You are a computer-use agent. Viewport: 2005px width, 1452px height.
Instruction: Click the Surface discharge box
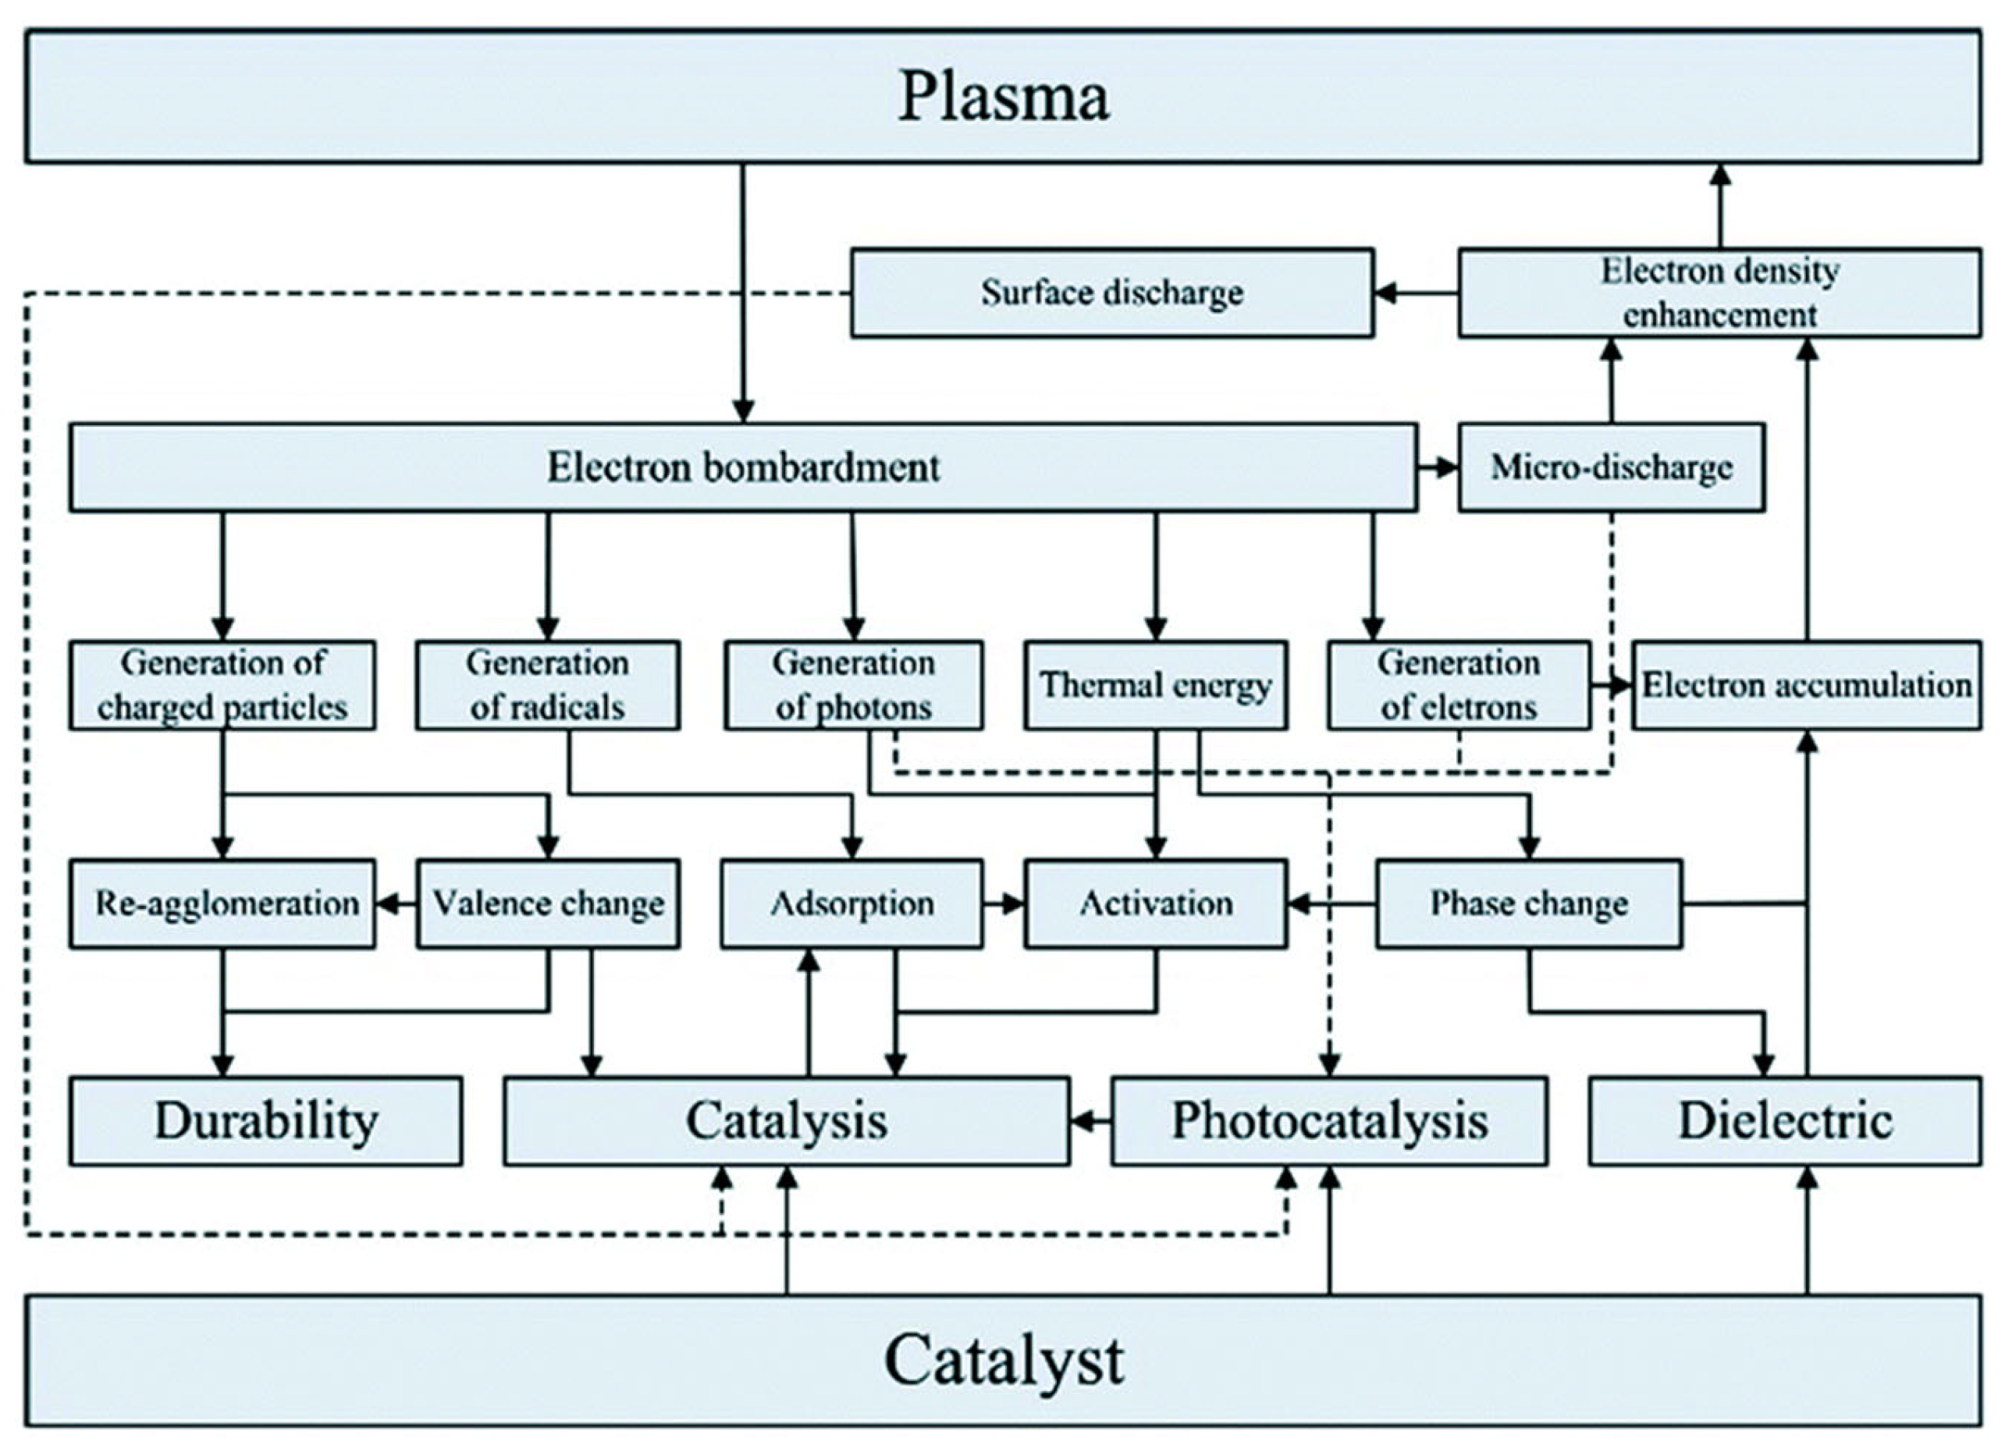click(1111, 293)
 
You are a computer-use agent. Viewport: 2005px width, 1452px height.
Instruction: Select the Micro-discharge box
click(1611, 467)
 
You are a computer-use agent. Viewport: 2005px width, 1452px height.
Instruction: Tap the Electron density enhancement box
click(1719, 293)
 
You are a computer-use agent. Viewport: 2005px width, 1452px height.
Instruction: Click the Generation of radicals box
click(547, 685)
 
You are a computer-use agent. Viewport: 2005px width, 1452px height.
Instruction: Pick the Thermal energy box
click(1154, 685)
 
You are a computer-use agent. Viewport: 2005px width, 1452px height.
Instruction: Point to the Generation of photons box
click(852, 685)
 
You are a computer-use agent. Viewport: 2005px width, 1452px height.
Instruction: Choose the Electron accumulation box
click(1805, 685)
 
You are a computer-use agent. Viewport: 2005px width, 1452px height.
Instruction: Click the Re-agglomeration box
click(222, 904)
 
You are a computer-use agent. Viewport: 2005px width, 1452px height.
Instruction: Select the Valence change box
click(547, 904)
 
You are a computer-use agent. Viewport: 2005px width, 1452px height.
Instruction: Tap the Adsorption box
click(851, 904)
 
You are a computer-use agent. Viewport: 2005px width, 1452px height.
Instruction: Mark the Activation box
click(1154, 904)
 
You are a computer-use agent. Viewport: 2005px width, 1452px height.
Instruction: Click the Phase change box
click(1527, 904)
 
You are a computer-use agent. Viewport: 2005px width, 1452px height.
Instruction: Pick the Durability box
click(265, 1120)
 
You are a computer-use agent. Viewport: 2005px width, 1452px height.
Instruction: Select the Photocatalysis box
click(1328, 1120)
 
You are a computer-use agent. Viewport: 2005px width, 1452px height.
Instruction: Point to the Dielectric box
click(1784, 1120)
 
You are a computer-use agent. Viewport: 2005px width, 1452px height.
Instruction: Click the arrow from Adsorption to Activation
click(1004, 904)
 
